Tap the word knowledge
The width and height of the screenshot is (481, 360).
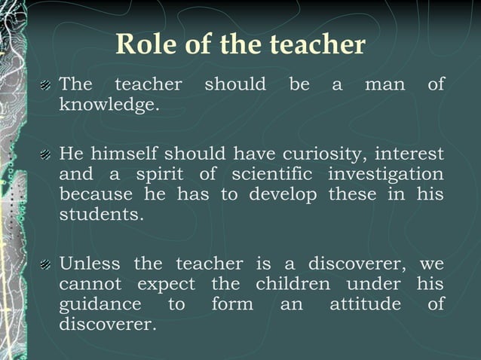109,105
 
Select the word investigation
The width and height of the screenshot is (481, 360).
386,175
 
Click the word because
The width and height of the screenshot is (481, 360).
96,194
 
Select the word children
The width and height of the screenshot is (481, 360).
293,285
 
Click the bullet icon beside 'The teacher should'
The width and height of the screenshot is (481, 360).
46,85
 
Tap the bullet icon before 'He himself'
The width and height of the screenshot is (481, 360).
46,155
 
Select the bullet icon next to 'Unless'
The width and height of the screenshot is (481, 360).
46,265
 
